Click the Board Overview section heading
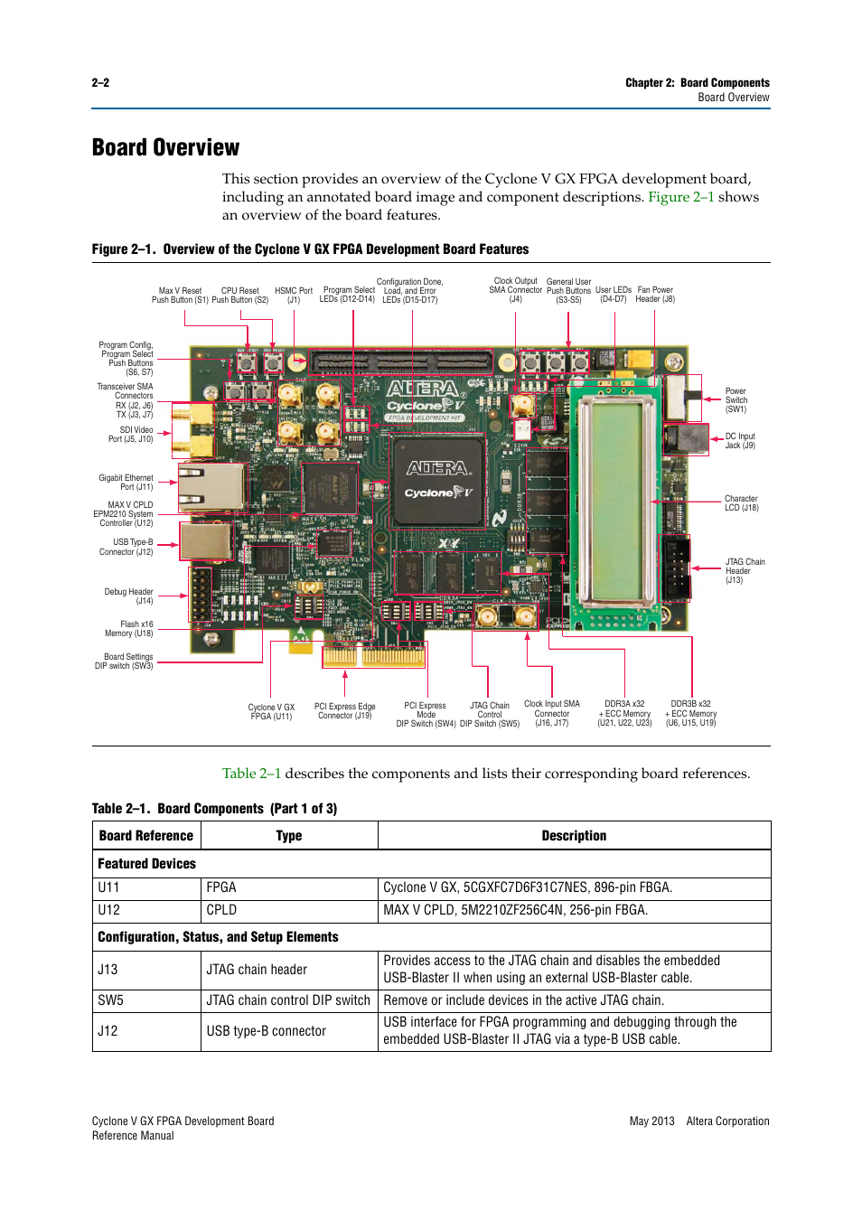pyautogui.click(x=165, y=148)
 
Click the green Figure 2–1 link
pyautogui.click(x=680, y=197)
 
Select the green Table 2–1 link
pyautogui.click(x=251, y=774)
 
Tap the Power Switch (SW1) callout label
pyautogui.click(x=736, y=400)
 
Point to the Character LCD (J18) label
pyautogui.click(x=741, y=503)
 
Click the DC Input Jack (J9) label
pyautogui.click(x=739, y=441)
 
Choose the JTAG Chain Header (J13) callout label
pyautogui.click(x=745, y=571)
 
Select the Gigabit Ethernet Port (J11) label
pyautogui.click(x=126, y=483)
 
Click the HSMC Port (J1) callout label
pyautogui.click(x=294, y=296)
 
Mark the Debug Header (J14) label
pyautogui.click(x=129, y=596)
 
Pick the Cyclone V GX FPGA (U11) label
pyautogui.click(x=271, y=712)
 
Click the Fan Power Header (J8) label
pyautogui.click(x=655, y=295)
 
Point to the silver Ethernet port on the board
pyautogui.click(x=211, y=488)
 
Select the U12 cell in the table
pyautogui.click(x=109, y=910)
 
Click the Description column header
pyautogui.click(x=574, y=836)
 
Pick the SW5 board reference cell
pyautogui.click(x=111, y=1000)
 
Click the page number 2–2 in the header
pyautogui.click(x=100, y=83)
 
